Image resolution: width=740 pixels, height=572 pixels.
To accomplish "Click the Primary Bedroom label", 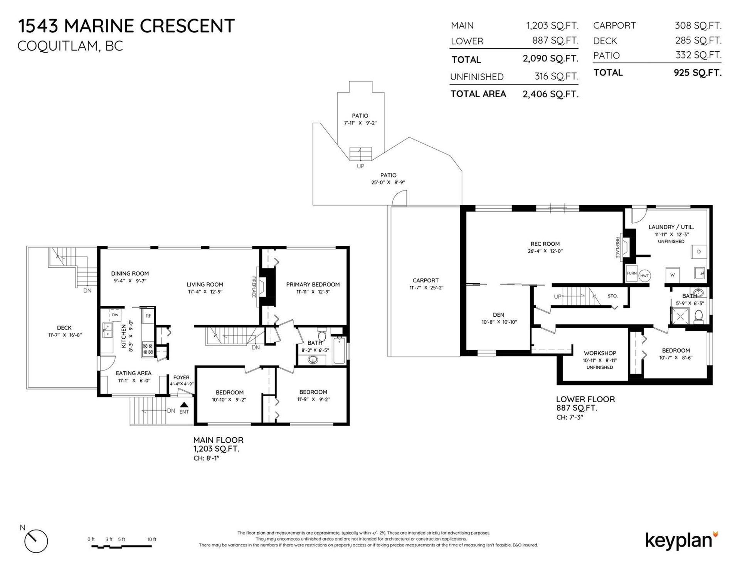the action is pyautogui.click(x=313, y=285).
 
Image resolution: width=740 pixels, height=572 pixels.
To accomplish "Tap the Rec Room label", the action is pyautogui.click(x=545, y=244).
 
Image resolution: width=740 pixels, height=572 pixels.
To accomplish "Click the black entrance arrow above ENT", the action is pyautogui.click(x=184, y=405).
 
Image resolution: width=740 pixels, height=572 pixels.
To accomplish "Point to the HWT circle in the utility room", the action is pyautogui.click(x=644, y=276).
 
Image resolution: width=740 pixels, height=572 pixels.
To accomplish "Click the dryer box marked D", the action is pyautogui.click(x=699, y=251).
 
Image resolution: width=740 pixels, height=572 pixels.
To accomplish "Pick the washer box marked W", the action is pyautogui.click(x=673, y=275).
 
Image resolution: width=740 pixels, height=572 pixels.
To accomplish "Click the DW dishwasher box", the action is pyautogui.click(x=115, y=315).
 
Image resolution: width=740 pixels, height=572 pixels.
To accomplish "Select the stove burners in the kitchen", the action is pyautogui.click(x=148, y=349).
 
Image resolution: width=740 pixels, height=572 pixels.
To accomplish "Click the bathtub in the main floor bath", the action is pyautogui.click(x=339, y=351).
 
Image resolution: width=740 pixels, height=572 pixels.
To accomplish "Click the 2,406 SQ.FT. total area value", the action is pyautogui.click(x=550, y=94).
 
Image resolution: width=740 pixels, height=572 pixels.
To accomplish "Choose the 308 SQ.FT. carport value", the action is pyautogui.click(x=698, y=25).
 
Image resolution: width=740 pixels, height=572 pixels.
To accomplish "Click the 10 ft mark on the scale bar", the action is pyautogui.click(x=152, y=540).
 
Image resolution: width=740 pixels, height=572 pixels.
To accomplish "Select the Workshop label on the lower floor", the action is pyautogui.click(x=600, y=353).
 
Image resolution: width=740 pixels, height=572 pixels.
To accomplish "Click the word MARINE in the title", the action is pyautogui.click(x=99, y=26).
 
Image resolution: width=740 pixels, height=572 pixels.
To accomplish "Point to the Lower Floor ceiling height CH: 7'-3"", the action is pyautogui.click(x=570, y=417).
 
